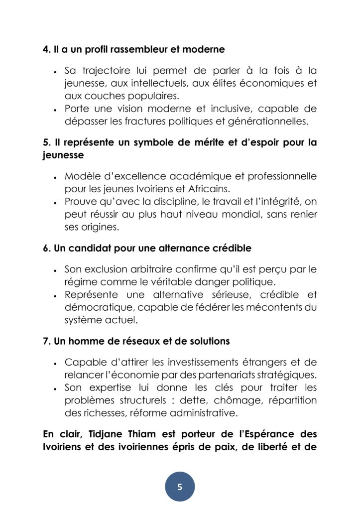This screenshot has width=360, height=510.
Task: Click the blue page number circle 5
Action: [180, 487]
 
